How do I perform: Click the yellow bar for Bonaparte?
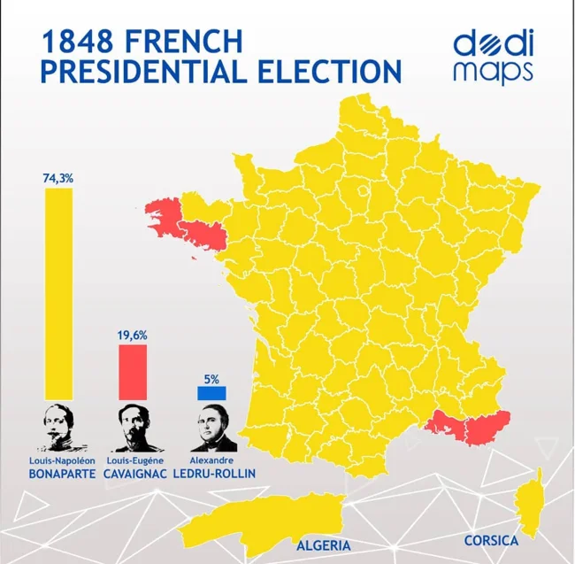58,293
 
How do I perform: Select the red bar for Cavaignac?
133,372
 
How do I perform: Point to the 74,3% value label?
58,178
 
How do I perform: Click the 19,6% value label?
133,336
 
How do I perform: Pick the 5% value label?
211,378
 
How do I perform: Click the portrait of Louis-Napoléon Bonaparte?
58,430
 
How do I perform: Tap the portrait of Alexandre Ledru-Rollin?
211,430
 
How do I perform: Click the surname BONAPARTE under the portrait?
58,475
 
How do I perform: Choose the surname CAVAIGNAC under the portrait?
134,475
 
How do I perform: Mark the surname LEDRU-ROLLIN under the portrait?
217,475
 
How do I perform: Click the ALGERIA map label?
324,545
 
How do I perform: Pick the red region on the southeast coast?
469,428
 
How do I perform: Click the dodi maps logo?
492,57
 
